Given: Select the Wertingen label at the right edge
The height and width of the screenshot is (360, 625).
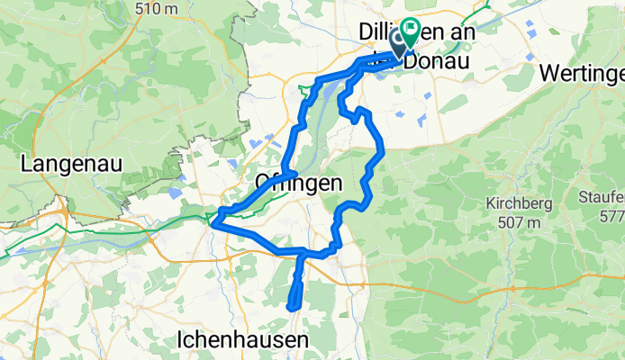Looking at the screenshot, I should coord(584,75).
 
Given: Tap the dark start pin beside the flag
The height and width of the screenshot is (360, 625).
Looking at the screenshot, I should coord(398,45).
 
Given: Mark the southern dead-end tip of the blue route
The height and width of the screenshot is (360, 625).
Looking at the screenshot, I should coord(291,308).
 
